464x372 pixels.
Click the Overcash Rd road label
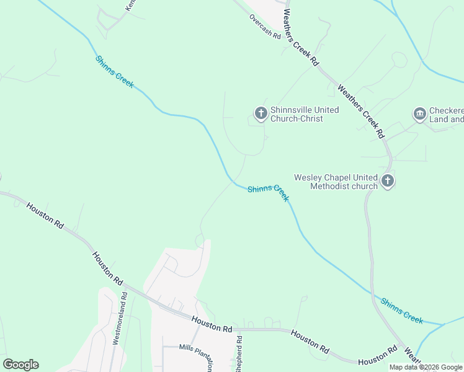[265, 27]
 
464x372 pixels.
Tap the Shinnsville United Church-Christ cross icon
[261, 113]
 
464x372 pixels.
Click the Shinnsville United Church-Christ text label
[305, 114]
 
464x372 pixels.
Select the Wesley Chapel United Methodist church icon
[388, 181]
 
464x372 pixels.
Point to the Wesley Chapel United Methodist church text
[336, 182]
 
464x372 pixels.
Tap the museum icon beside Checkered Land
[419, 114]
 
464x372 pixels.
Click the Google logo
[20, 365]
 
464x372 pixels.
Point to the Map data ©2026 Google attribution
[426, 368]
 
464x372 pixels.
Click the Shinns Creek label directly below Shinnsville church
[268, 193]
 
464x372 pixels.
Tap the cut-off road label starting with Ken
[130, 5]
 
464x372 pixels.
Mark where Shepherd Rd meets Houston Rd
[238, 329]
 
